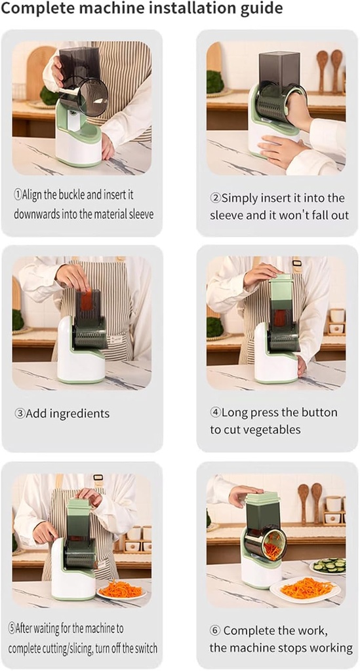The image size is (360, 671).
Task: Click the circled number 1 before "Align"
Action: (18, 195)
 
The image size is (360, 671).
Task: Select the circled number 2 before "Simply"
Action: (215, 198)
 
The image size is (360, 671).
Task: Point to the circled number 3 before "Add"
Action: (20, 413)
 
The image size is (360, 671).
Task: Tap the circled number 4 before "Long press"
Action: (215, 413)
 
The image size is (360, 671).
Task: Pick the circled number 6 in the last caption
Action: (214, 630)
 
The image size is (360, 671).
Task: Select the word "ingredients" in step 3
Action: (79, 413)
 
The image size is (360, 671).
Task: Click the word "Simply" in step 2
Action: (241, 198)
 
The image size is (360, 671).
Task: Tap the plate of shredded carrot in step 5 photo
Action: (121, 590)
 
